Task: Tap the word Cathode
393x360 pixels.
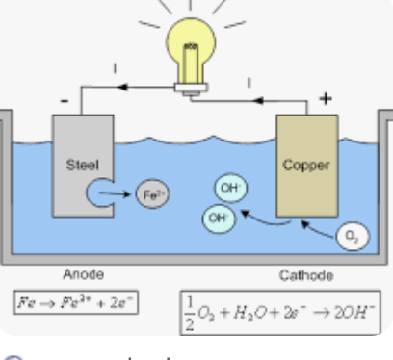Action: tap(305, 275)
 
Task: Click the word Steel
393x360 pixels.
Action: tap(76, 164)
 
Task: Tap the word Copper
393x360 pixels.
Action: tap(305, 164)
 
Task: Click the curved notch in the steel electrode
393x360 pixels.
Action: tap(98, 192)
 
